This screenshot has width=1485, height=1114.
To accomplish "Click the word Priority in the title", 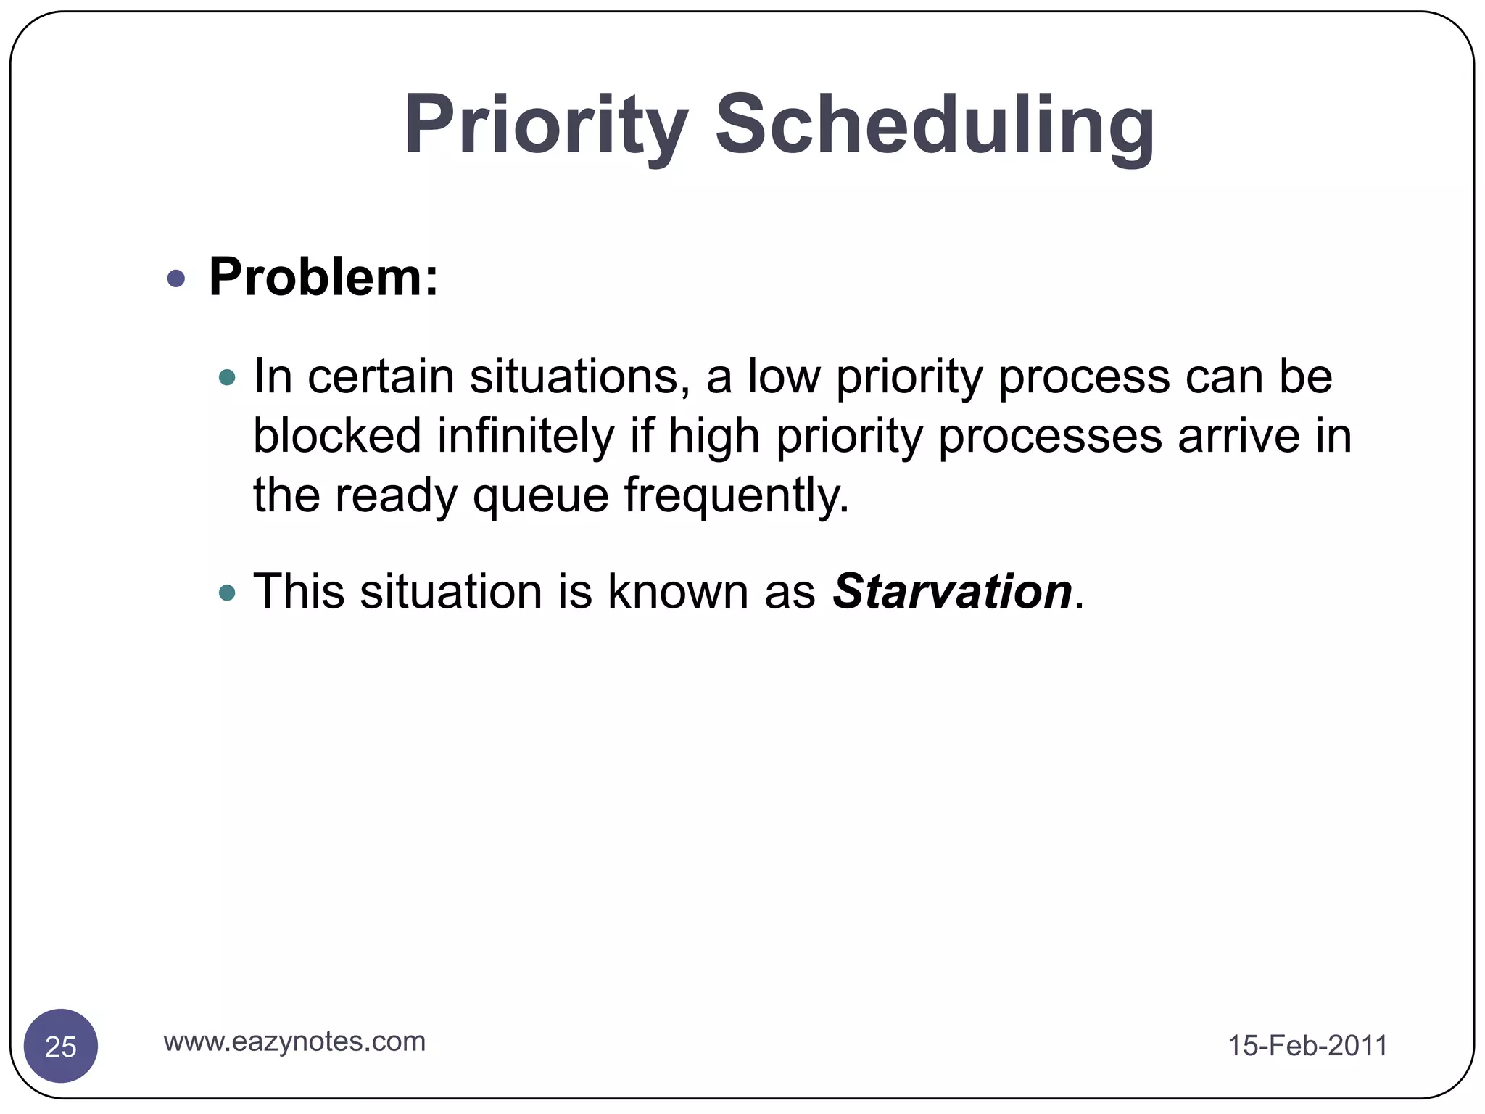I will (545, 125).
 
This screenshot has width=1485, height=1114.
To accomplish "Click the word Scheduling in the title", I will (935, 125).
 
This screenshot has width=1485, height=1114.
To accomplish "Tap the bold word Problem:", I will (323, 277).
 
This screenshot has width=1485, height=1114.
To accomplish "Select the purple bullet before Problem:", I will (176, 278).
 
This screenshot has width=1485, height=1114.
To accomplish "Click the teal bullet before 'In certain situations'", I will (228, 377).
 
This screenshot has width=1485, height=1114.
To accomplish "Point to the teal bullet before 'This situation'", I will (228, 593).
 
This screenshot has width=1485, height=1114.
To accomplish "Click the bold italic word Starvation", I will (952, 591).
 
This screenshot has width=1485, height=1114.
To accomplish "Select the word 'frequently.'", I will (736, 495).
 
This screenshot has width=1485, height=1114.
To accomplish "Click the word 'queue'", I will (541, 497).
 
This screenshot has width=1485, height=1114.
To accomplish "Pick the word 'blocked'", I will (337, 436).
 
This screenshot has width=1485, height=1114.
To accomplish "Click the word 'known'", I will (678, 591).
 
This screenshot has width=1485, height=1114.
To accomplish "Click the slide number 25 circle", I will (61, 1046).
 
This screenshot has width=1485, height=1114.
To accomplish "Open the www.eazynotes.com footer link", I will (294, 1041).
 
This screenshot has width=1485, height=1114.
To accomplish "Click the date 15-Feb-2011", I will (1307, 1046).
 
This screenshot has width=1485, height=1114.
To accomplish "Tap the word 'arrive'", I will (1238, 436).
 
